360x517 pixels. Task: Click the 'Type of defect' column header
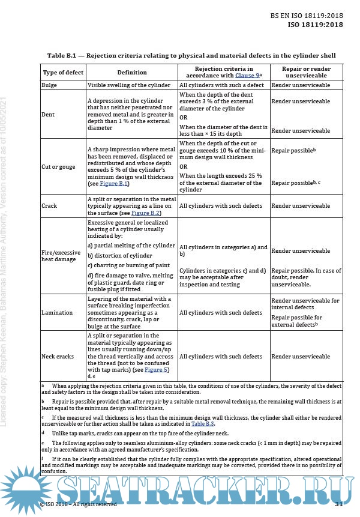[x=63, y=73]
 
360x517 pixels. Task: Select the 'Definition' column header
[x=132, y=73]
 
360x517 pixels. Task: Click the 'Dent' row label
[x=47, y=114]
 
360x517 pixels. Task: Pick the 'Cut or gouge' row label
[x=58, y=166]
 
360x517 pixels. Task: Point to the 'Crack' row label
[x=49, y=206]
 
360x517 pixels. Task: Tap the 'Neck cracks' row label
[x=58, y=356]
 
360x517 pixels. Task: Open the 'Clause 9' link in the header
[x=246, y=76]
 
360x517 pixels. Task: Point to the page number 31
[x=338, y=503]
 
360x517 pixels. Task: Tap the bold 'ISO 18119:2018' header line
[x=316, y=25]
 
